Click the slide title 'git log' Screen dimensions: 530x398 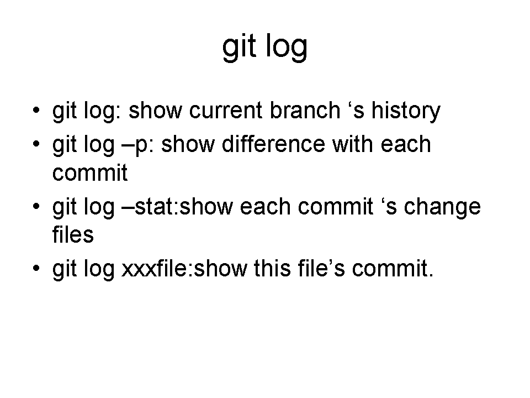pos(264,48)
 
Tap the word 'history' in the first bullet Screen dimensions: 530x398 pos(406,111)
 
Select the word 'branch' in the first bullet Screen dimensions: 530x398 pos(305,110)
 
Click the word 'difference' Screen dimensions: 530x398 pos(273,144)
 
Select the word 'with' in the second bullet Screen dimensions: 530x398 pos(353,144)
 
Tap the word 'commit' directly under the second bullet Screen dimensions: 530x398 pos(90,172)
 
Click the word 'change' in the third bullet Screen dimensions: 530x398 pos(442,207)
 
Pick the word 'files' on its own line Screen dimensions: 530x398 pos(73,234)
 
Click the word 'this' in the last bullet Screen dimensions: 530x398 pos(272,268)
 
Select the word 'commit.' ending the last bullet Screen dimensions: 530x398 pos(393,268)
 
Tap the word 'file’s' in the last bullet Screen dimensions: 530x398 pos(321,268)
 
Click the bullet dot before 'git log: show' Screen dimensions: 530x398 pos(36,111)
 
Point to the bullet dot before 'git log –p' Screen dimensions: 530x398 pos(36,144)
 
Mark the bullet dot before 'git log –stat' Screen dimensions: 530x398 pos(36,206)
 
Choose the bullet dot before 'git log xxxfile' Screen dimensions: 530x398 pos(36,269)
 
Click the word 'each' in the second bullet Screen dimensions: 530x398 pos(406,144)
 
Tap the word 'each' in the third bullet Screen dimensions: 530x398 pos(265,206)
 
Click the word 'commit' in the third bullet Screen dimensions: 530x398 pos(335,206)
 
